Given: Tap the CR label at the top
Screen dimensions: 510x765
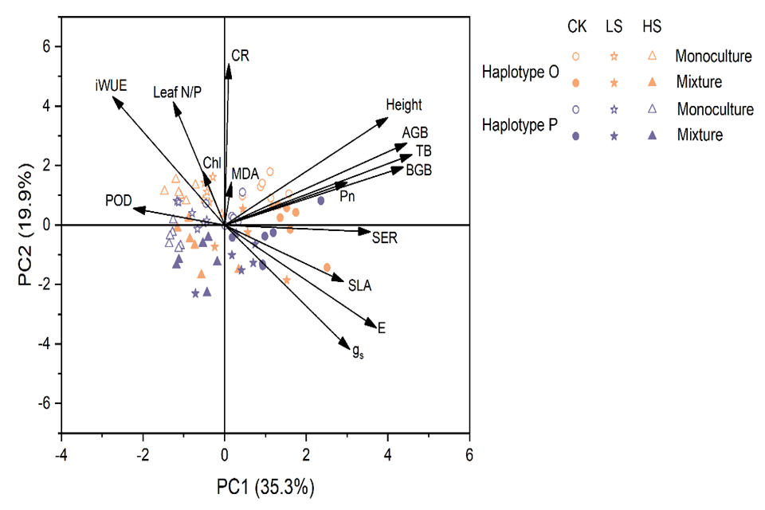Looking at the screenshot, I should point(240,55).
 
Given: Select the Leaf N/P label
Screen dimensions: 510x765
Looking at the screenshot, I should point(177,93).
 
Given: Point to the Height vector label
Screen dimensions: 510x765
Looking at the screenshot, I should point(404,105).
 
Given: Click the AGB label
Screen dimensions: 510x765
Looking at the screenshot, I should point(415,131).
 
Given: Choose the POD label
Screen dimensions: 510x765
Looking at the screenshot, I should point(117,199).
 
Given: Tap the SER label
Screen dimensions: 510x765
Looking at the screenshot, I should point(384,236).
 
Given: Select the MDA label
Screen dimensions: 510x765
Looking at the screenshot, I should point(245,173).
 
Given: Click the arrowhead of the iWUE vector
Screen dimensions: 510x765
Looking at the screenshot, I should point(114,100).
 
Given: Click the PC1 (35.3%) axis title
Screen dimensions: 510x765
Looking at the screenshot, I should point(265,485).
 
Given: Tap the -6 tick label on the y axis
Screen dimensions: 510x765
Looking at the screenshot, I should point(46,403).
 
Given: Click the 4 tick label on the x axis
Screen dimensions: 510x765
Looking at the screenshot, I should point(388,454).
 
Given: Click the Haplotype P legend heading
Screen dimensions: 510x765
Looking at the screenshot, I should point(520,125).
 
